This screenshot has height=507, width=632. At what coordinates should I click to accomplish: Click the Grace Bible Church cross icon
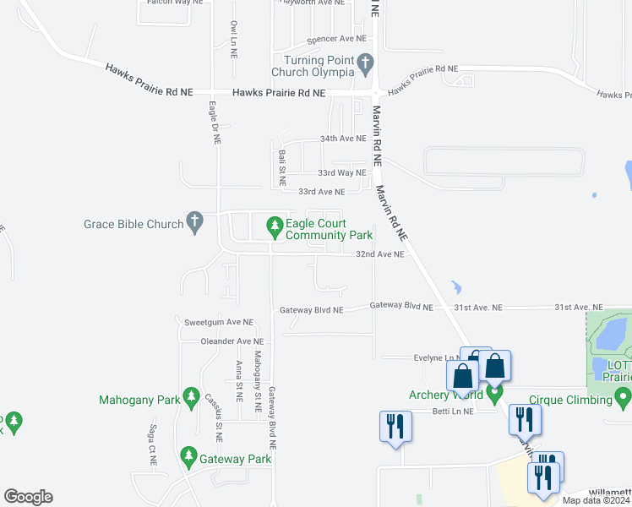194,223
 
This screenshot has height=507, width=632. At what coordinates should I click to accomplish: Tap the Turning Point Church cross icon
365,62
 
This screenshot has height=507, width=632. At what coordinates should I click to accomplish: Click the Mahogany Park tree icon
192,397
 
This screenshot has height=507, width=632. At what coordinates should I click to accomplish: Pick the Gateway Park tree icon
188,459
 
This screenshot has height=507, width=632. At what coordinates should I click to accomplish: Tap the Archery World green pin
495,394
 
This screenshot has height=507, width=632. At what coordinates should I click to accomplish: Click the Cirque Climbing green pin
623,395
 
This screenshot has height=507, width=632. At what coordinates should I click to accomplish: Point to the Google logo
28,496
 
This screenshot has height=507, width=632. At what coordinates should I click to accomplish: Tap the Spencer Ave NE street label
337,39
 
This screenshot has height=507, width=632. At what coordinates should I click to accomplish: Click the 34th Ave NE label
342,138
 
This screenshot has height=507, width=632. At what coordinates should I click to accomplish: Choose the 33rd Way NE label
342,172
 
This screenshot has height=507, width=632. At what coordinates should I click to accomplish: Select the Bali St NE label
281,168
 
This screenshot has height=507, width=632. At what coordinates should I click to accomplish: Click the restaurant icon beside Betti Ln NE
395,426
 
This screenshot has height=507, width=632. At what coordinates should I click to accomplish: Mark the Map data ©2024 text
597,500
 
